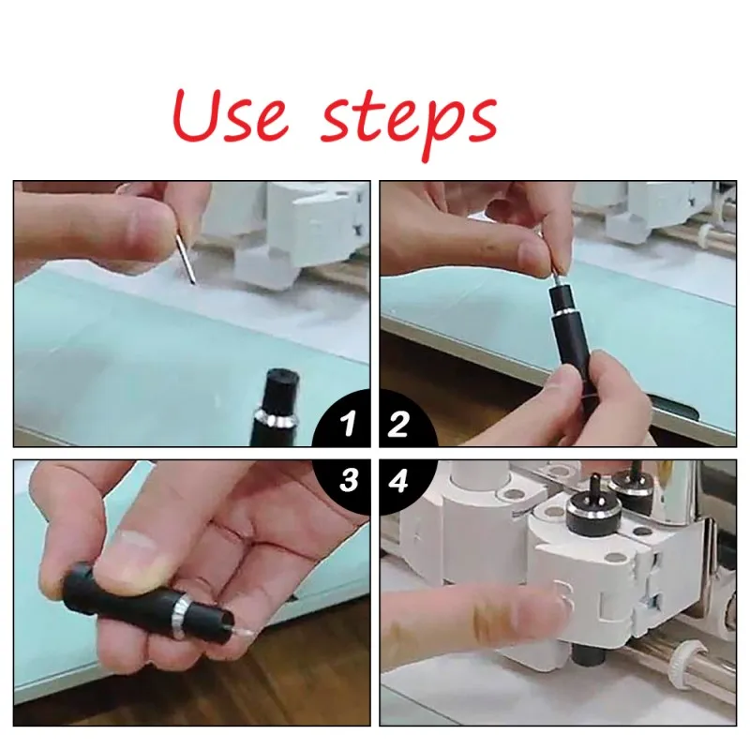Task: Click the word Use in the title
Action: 231,115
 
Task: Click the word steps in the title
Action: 409,122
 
